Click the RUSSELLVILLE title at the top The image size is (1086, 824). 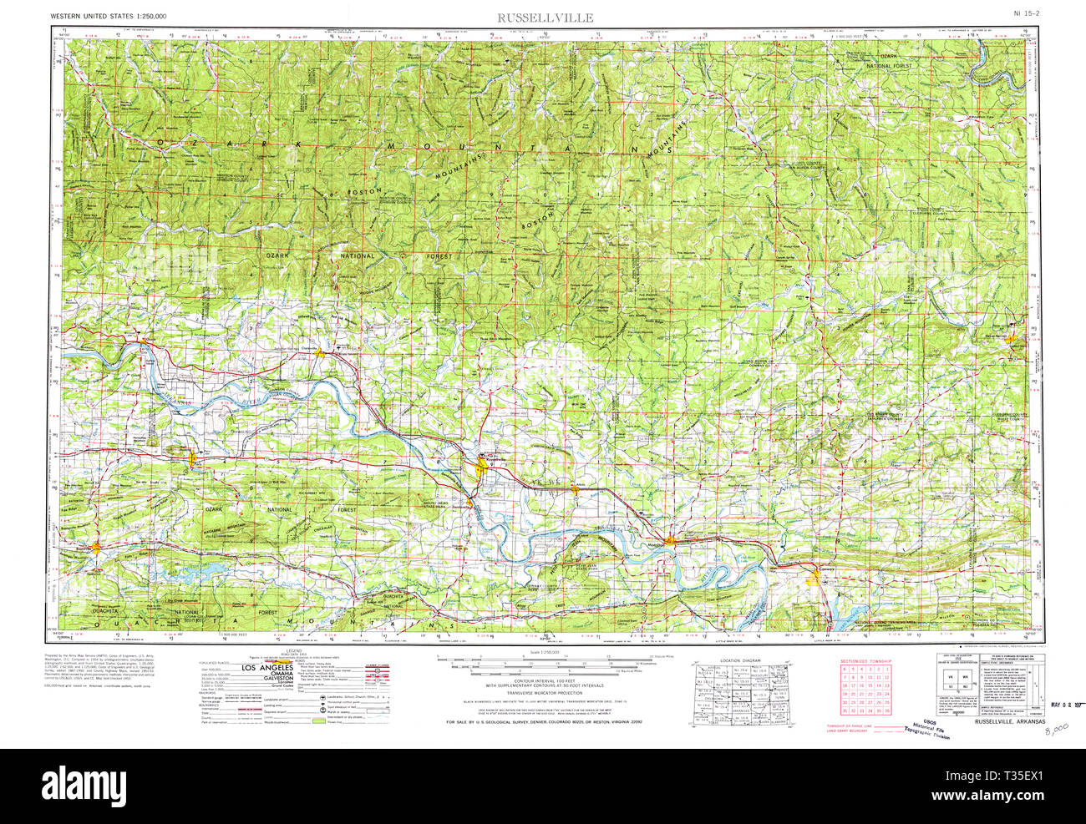[546, 17]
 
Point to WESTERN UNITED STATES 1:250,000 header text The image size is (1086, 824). [108, 16]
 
